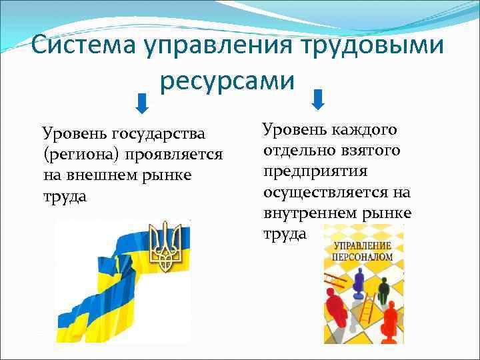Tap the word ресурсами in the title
[227, 80]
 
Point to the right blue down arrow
[318, 99]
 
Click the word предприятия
[315, 171]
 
